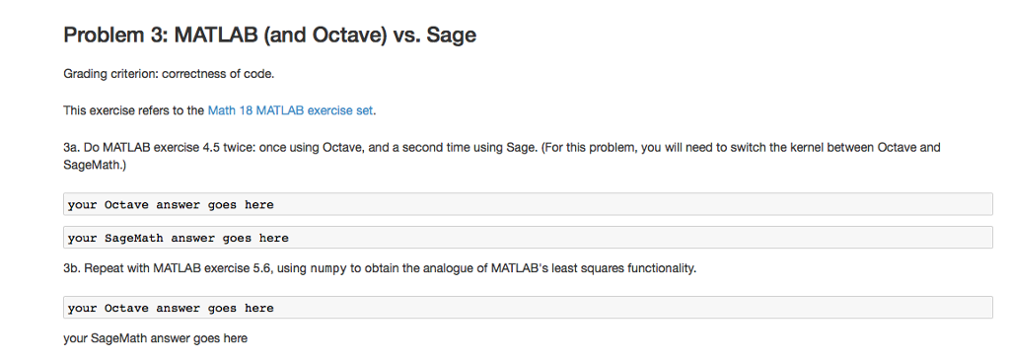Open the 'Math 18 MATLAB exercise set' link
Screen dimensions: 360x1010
[291, 110]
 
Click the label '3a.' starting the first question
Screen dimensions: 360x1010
[71, 147]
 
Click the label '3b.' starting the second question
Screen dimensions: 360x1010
[71, 267]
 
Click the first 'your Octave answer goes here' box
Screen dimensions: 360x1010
[527, 204]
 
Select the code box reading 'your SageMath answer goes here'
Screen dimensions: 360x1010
[527, 238]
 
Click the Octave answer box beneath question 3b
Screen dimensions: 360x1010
[527, 308]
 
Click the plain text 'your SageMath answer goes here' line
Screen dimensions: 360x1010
[155, 338]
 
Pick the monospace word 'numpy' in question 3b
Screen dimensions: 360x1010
[327, 267]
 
